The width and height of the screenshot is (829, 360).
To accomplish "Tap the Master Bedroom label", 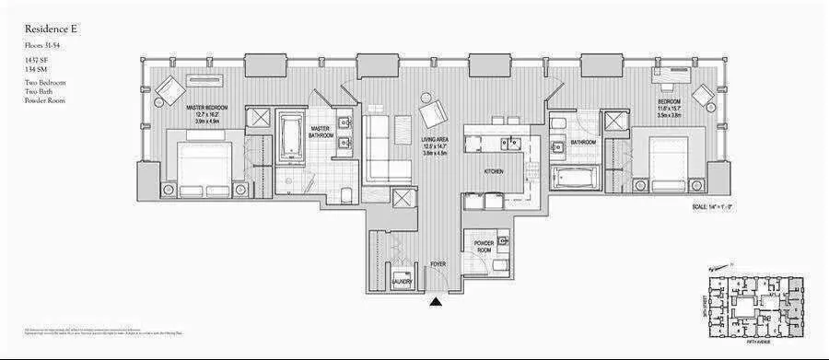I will pos(206,108).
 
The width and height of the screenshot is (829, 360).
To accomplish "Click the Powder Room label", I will pos(485,246).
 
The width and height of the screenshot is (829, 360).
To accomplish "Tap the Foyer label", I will pos(438,264).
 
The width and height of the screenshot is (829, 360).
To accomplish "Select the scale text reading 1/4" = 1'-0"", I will pos(711,207).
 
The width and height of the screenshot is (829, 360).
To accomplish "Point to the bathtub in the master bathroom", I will pos(291,138).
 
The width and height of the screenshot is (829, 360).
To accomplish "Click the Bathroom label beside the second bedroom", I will pos(583,143).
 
